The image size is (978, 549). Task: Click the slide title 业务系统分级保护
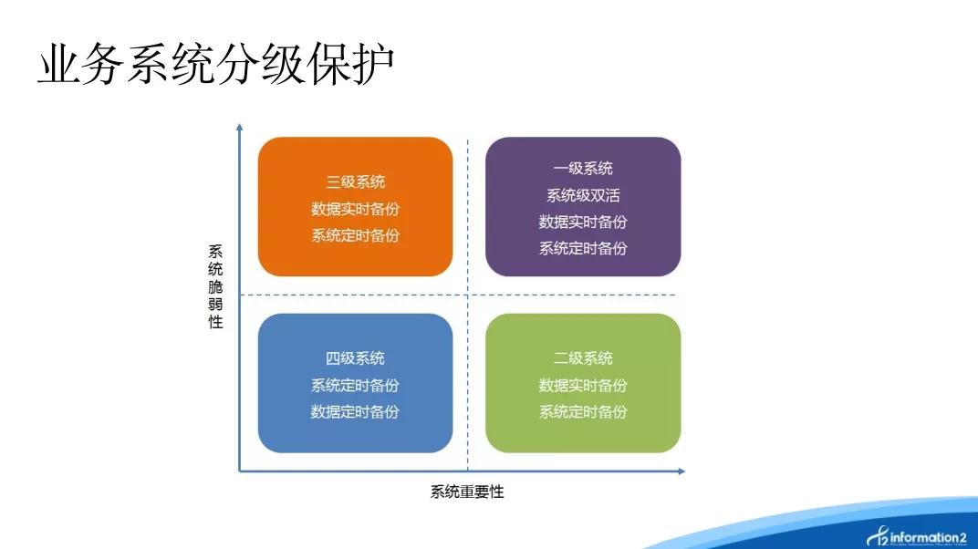click(216, 64)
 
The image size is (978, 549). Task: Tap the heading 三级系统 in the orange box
click(356, 182)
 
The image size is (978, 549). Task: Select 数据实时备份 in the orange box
click(355, 209)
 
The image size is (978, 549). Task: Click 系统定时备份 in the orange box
click(355, 235)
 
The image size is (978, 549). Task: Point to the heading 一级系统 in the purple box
click(583, 168)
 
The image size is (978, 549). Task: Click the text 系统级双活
click(583, 196)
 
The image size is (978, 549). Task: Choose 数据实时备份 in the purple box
click(583, 222)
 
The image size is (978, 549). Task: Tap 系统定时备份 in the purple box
click(583, 249)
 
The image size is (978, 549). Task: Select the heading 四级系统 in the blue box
click(355, 358)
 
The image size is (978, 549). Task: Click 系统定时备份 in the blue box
click(355, 386)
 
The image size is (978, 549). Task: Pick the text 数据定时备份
click(355, 412)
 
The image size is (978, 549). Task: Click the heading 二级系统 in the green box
click(583, 358)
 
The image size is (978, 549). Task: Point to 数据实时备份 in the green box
click(583, 386)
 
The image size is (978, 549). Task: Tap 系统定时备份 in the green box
click(583, 412)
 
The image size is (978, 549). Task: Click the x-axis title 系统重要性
click(467, 492)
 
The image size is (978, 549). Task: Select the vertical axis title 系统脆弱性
click(215, 286)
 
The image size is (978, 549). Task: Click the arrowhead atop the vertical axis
click(240, 127)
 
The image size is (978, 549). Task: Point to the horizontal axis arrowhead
click(681, 471)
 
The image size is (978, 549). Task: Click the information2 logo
click(917, 536)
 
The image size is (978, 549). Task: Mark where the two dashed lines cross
click(468, 295)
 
